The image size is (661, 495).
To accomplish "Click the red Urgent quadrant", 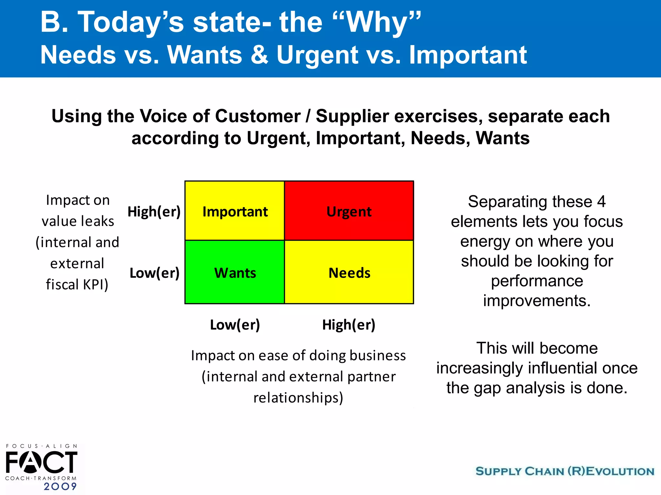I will (x=349, y=211).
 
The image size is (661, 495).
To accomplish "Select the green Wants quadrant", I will (x=235, y=272).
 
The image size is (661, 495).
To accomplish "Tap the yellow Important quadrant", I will (x=235, y=211).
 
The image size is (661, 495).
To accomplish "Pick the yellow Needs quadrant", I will (x=349, y=272).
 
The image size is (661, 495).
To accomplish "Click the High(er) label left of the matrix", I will (x=154, y=212).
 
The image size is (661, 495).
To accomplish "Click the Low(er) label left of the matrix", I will (x=154, y=273).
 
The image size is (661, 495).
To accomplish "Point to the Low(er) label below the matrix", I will (x=235, y=325).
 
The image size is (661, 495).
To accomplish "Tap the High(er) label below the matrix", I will (x=349, y=325).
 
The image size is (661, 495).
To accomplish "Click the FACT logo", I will (x=41, y=462).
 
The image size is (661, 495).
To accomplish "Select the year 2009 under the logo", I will (x=60, y=486).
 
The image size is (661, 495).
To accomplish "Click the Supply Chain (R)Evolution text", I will (x=565, y=471).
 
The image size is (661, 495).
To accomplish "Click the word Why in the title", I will (x=378, y=23).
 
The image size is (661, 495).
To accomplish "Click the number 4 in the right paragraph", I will (x=601, y=202).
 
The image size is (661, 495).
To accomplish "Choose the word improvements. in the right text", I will (x=537, y=301).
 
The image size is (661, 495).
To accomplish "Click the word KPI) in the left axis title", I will (x=96, y=285).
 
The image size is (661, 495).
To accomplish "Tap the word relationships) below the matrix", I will (x=298, y=398).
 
